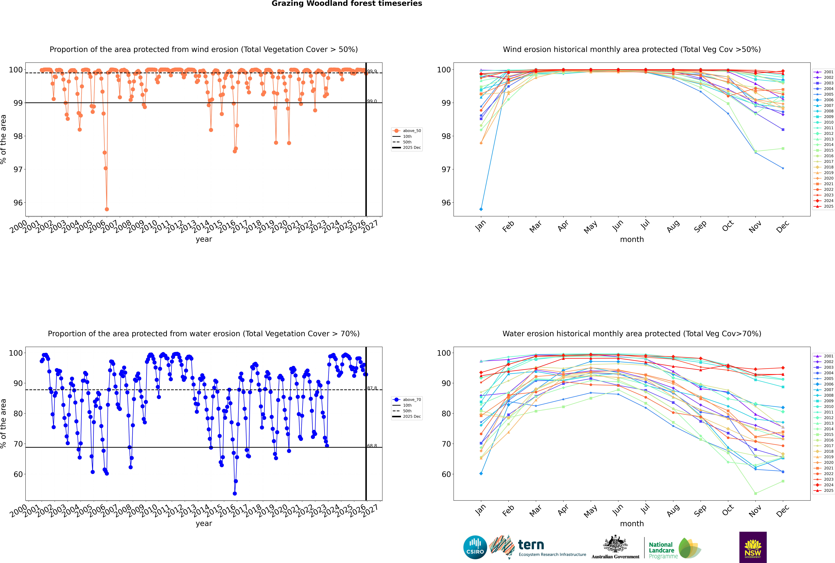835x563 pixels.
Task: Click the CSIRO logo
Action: click(475, 547)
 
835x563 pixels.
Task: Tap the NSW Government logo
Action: click(753, 547)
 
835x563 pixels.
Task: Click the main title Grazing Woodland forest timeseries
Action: click(347, 4)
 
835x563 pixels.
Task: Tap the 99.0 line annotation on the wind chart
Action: click(372, 101)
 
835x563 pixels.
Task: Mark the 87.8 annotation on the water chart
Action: click(372, 388)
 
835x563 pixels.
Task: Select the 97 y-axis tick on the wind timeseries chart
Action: click(18, 169)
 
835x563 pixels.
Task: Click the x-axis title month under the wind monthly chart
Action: click(632, 240)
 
